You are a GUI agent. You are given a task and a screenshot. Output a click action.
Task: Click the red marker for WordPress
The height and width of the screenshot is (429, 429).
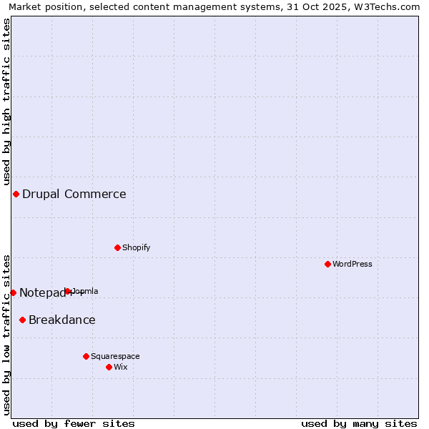(x=327, y=264)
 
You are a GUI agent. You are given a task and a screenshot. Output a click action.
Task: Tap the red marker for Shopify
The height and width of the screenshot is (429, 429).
(x=117, y=247)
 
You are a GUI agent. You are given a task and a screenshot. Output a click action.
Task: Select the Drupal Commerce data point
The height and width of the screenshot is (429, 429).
(x=16, y=194)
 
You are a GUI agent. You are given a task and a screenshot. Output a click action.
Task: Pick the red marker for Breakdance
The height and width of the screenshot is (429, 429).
(x=22, y=320)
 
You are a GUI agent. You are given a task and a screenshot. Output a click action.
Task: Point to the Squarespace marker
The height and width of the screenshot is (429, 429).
(x=86, y=356)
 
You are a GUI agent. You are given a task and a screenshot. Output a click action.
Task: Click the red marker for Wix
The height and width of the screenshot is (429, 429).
(x=109, y=367)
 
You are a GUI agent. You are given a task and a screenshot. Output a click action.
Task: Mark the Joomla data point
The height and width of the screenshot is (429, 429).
(x=68, y=291)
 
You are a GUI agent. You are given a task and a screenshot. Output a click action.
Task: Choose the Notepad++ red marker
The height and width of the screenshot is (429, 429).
(x=13, y=292)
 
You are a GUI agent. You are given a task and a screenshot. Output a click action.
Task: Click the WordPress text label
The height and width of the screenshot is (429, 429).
(x=352, y=264)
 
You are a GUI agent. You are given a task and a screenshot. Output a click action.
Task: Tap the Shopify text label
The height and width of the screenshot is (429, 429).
(x=136, y=247)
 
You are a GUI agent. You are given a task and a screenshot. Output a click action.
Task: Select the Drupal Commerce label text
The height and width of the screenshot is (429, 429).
(x=74, y=194)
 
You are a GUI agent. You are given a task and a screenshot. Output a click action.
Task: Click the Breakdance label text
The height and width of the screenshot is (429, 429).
(x=62, y=320)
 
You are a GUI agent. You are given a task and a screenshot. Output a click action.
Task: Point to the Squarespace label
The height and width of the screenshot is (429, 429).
(x=115, y=356)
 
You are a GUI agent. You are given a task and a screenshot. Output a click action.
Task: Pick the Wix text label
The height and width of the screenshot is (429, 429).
(x=121, y=367)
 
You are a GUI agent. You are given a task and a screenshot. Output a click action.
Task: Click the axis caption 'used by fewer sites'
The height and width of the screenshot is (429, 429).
(x=74, y=423)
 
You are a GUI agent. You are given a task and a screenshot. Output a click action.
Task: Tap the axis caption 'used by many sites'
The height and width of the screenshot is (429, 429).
(x=359, y=423)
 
